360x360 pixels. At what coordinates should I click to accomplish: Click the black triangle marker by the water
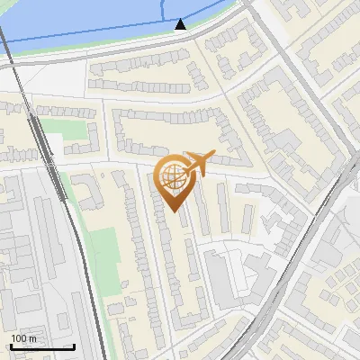click(181, 24)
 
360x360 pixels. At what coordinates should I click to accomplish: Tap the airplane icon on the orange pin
click(199, 164)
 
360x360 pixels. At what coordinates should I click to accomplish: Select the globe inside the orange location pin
click(171, 176)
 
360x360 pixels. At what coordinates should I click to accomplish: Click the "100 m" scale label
click(24, 338)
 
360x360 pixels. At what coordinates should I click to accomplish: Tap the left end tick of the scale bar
click(11, 345)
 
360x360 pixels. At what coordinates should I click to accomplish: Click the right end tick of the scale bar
click(74, 345)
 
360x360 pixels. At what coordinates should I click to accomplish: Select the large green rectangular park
click(106, 252)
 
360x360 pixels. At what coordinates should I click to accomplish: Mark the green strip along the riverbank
click(90, 50)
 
